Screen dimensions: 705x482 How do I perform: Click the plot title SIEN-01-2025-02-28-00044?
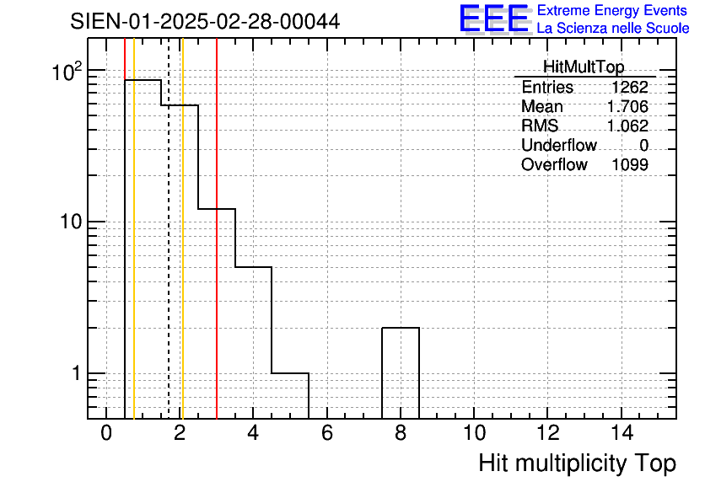pyautogui.click(x=205, y=22)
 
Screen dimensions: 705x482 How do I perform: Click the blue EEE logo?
pyautogui.click(x=494, y=19)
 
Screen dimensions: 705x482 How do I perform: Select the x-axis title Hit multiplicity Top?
pyautogui.click(x=577, y=463)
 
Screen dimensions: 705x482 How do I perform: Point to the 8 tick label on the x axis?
pyautogui.click(x=401, y=433)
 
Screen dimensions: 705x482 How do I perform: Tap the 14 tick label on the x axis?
pyautogui.click(x=622, y=433)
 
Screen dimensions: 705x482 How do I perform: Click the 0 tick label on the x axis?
pyautogui.click(x=106, y=433)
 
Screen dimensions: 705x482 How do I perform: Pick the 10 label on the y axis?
pyautogui.click(x=71, y=222)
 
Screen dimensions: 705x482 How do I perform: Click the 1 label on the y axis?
pyautogui.click(x=77, y=373)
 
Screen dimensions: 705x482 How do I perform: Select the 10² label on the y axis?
pyautogui.click(x=67, y=72)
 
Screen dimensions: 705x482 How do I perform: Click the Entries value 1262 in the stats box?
pyautogui.click(x=629, y=87)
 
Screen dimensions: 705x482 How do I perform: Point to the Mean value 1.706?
pyautogui.click(x=627, y=107)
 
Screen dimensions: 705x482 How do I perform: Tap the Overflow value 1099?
pyautogui.click(x=630, y=165)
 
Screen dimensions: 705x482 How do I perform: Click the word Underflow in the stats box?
pyautogui.click(x=559, y=145)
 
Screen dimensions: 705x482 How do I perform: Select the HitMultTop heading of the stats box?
pyautogui.click(x=584, y=67)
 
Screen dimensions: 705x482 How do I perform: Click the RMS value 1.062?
pyautogui.click(x=627, y=126)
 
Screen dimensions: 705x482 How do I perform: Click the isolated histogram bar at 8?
pyautogui.click(x=401, y=328)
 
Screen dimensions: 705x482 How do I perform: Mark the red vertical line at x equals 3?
pyautogui.click(x=217, y=228)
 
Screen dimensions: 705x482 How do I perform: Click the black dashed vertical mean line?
pyautogui.click(x=169, y=228)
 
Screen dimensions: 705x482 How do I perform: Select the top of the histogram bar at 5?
pyautogui.click(x=290, y=373)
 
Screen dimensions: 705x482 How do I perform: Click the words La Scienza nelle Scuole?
pyautogui.click(x=613, y=29)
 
